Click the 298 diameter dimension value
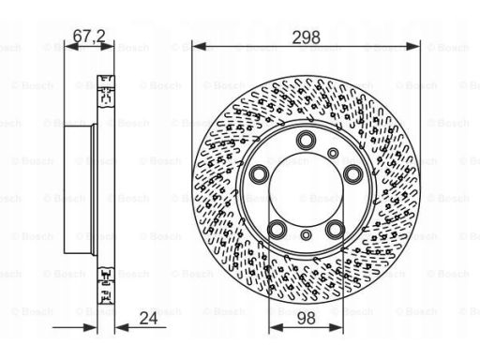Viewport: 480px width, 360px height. pos(306,37)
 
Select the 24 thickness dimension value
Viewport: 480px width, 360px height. pos(148,319)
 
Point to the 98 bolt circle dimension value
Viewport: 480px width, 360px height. pos(306,319)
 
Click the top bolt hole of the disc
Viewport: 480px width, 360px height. pos(306,141)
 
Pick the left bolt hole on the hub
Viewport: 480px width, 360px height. pos(260,173)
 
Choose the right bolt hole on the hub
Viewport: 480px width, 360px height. pos(352,173)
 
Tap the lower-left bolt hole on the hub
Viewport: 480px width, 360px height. pos(277,230)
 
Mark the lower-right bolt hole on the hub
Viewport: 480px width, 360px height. pos(335,230)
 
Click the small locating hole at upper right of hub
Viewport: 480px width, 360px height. pos(333,153)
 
